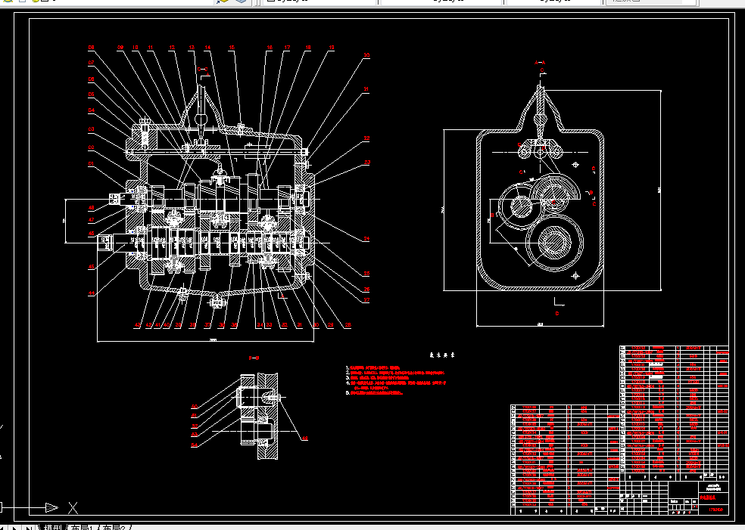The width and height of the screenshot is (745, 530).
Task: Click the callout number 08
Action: [x=91, y=48]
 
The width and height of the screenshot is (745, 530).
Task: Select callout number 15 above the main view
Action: [x=232, y=48]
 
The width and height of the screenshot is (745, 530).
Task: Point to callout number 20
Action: [x=366, y=55]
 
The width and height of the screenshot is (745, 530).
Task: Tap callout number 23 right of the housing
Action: [x=366, y=162]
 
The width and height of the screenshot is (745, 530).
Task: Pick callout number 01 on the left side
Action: [x=92, y=163]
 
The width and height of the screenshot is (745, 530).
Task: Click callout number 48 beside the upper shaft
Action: [x=91, y=207]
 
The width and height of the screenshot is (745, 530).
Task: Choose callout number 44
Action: [x=91, y=293]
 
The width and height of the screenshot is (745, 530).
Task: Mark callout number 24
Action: [x=366, y=239]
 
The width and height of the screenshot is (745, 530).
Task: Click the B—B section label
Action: [x=255, y=357]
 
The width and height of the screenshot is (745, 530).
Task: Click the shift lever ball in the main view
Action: [x=201, y=119]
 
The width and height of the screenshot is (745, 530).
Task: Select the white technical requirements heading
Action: [x=437, y=355]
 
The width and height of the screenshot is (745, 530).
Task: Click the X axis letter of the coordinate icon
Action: [x=73, y=507]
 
